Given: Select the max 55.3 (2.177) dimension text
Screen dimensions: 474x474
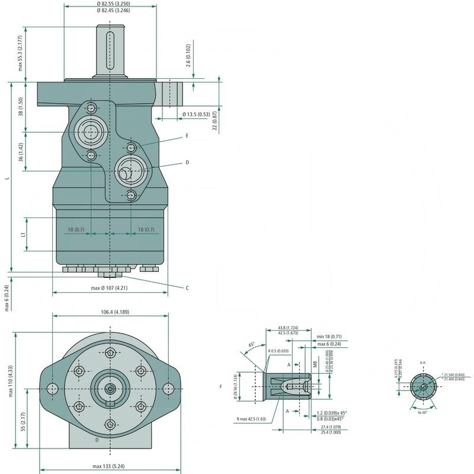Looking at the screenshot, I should click(20, 53).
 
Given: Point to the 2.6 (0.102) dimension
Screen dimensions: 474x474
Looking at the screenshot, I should click(188, 55).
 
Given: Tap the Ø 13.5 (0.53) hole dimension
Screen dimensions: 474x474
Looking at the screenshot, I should click(196, 114).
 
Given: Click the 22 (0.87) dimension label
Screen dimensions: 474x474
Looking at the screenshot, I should click(214, 121).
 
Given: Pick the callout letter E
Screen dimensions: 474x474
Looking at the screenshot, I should click(187, 136).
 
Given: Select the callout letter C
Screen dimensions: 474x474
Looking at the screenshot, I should click(187, 288).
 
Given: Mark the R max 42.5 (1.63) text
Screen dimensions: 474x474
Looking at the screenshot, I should click(251, 419).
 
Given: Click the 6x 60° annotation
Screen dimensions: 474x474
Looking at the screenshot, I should click(423, 412).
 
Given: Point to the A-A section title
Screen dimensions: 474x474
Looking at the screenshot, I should click(422, 361).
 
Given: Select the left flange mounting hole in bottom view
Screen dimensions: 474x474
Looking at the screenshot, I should click(53, 388).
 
